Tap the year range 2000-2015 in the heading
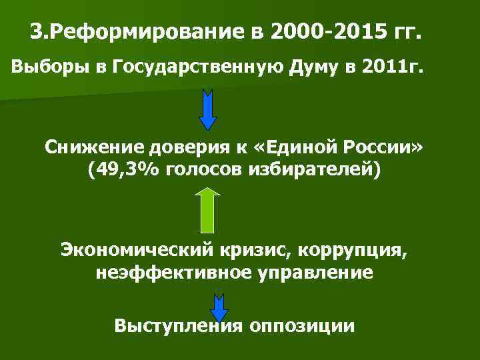(x=322, y=31)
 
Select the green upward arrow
(x=209, y=210)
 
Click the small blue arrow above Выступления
(x=219, y=305)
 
